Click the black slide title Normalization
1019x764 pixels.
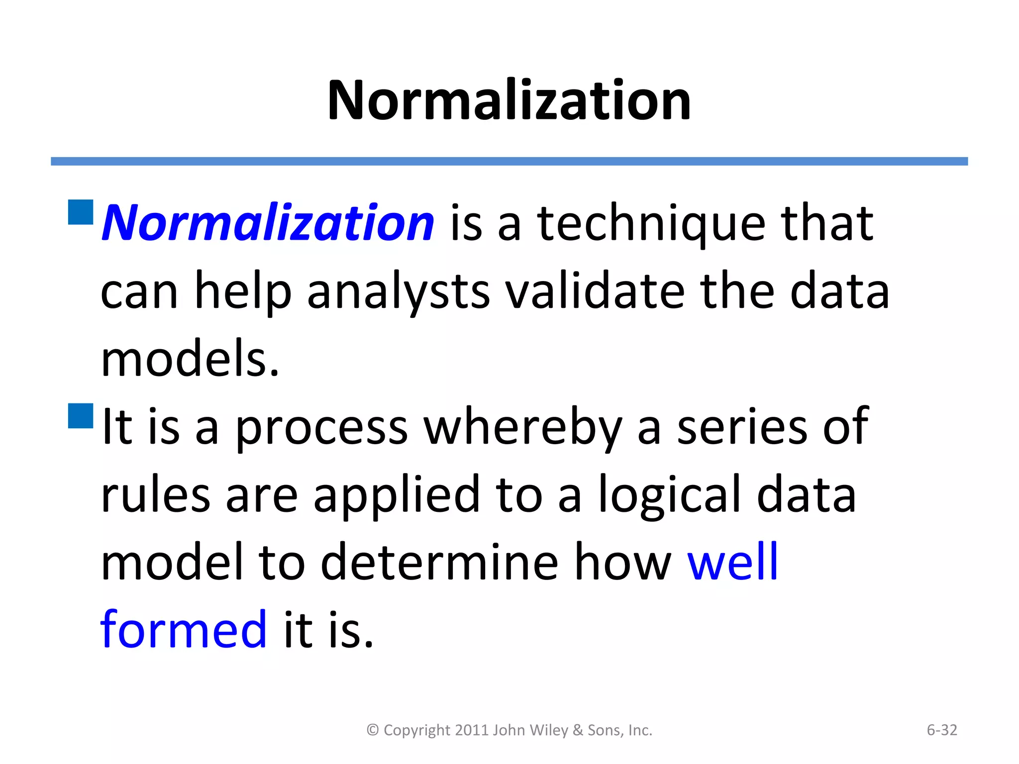coord(509,100)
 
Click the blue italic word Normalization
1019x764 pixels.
coord(268,223)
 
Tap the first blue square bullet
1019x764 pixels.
coord(81,212)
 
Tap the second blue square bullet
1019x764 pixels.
coord(81,416)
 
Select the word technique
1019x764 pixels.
coord(651,225)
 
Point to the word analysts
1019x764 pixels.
coord(398,292)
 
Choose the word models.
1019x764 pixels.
coord(190,359)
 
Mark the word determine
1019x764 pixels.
coord(439,563)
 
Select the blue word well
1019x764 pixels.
coord(732,563)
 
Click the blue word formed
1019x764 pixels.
coord(184,630)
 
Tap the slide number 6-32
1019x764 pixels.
coord(941,730)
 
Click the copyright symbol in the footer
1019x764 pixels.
coord(373,730)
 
